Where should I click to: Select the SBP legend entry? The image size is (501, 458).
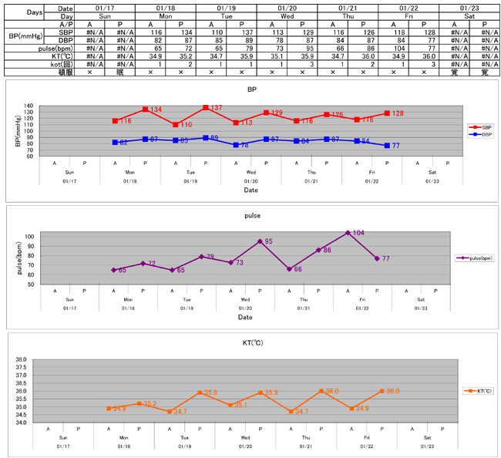(x=477, y=126)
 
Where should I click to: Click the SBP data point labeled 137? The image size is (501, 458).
(x=206, y=108)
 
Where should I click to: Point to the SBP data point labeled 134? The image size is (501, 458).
(x=145, y=109)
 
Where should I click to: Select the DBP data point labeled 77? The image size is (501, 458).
(x=387, y=145)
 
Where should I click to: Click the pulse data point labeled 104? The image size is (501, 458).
(x=348, y=232)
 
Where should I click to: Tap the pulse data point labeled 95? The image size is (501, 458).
(x=260, y=241)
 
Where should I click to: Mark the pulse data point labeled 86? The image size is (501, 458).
(x=318, y=250)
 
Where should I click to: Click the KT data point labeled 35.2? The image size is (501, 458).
(x=139, y=403)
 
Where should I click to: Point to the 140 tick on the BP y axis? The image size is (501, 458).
(x=29, y=106)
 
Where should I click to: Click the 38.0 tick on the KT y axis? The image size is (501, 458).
(x=21, y=359)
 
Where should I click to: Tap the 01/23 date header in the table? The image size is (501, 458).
(x=469, y=6)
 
